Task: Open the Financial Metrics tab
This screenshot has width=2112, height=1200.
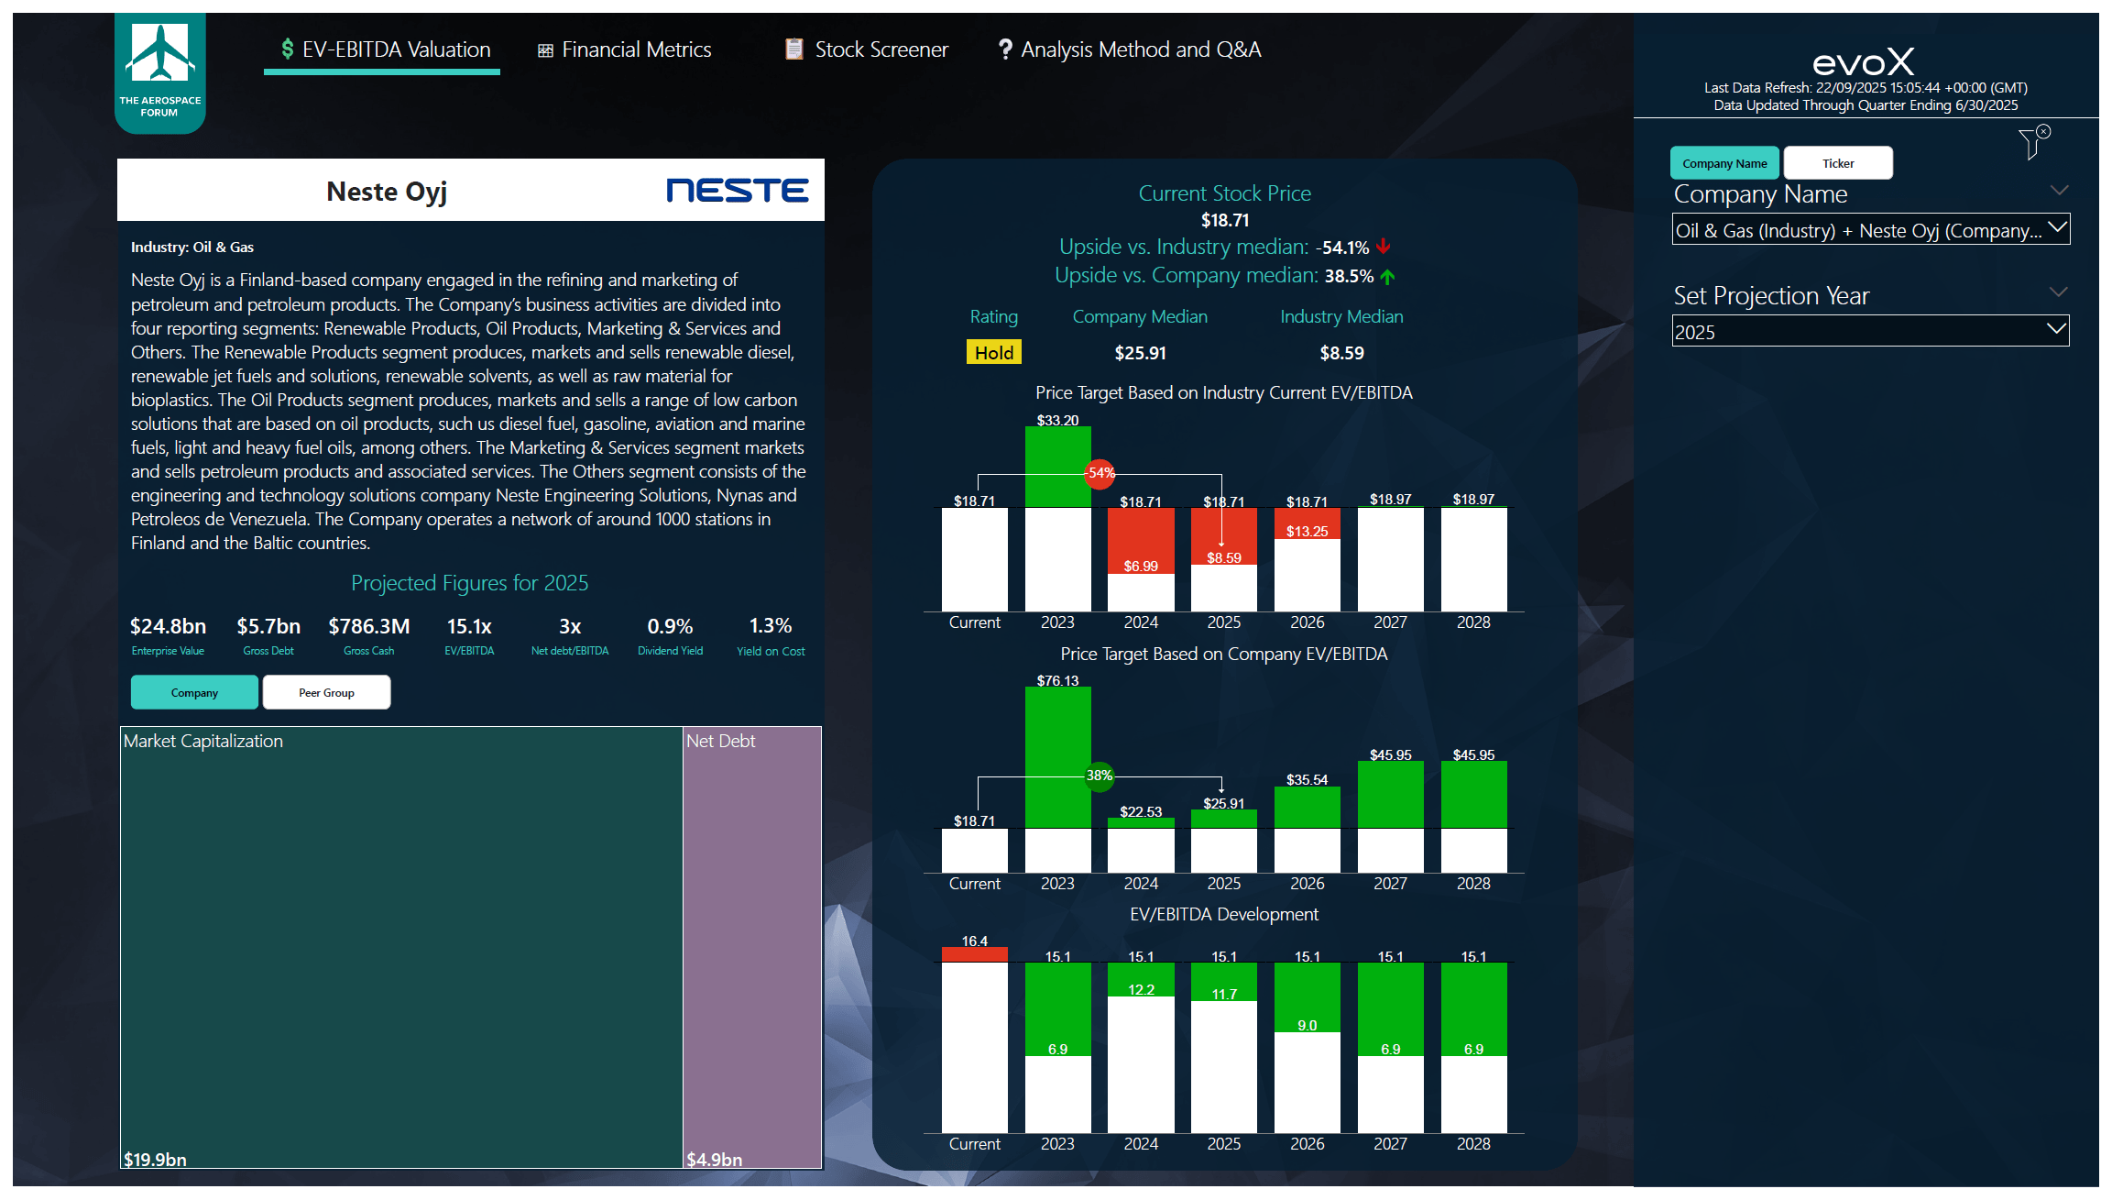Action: [x=625, y=50]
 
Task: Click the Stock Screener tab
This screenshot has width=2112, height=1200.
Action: [x=867, y=50]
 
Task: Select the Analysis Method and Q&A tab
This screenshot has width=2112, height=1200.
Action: [x=1130, y=50]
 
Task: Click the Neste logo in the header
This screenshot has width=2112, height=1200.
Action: [x=737, y=190]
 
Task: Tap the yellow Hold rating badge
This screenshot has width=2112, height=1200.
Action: [x=993, y=353]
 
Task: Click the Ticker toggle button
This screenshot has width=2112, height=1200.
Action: [x=1837, y=163]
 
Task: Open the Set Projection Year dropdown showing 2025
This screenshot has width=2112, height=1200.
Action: [x=1869, y=332]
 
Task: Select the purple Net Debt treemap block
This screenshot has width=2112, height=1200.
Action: [x=751, y=944]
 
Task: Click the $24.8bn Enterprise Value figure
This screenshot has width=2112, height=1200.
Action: [x=168, y=626]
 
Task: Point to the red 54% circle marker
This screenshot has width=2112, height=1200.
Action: [x=1100, y=473]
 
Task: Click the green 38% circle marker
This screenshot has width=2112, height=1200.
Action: [x=1099, y=776]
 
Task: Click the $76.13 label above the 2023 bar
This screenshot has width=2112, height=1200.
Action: [x=1057, y=680]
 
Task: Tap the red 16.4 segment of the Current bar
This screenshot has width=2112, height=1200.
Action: [x=974, y=954]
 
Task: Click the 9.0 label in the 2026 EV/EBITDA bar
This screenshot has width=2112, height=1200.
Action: [x=1307, y=1025]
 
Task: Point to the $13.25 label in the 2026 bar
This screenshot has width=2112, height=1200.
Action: [x=1307, y=532]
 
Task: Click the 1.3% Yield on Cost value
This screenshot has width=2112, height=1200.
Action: [x=770, y=626]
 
